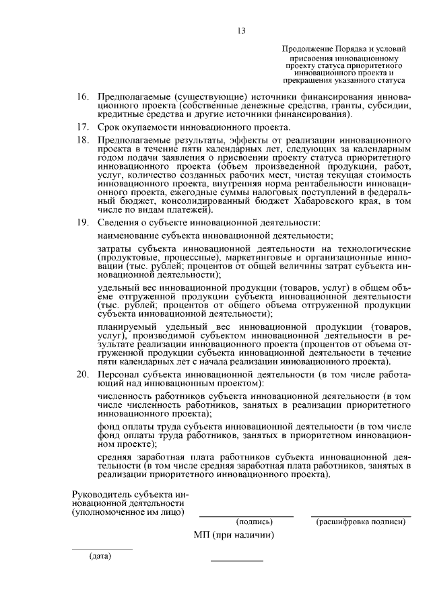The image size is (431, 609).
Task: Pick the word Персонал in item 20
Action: [x=119, y=373]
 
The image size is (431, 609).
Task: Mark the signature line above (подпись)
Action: [x=246, y=516]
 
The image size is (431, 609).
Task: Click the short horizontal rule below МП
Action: [x=236, y=561]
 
